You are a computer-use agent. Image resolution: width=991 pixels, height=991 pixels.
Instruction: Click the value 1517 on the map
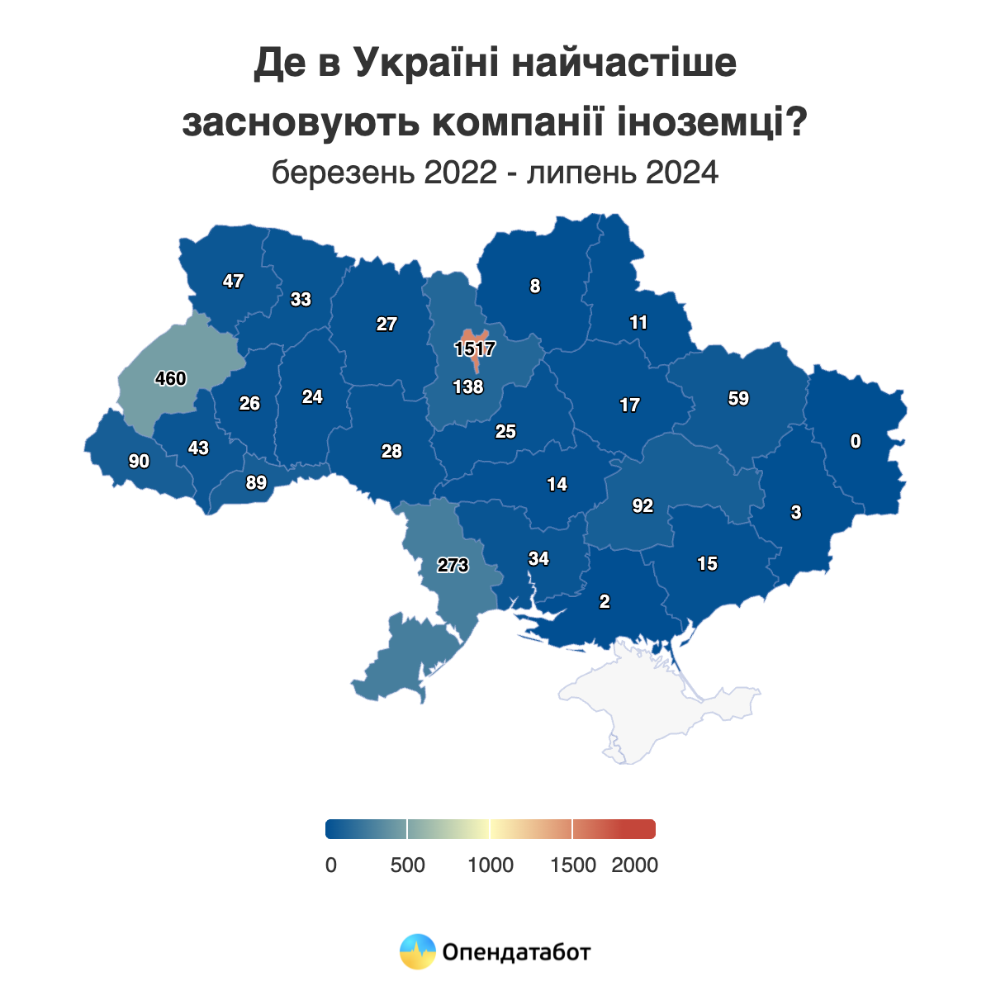(x=474, y=349)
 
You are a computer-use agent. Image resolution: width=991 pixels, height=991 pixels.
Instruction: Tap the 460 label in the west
(x=171, y=379)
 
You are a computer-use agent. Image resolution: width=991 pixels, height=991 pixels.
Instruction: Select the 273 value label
(x=453, y=566)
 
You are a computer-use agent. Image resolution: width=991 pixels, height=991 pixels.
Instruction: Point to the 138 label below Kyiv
(x=468, y=386)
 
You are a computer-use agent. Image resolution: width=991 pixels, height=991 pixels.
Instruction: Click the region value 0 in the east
(x=856, y=442)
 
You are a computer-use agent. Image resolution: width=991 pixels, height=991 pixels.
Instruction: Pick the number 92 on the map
(x=642, y=506)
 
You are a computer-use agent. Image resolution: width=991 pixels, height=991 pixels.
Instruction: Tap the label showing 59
(x=738, y=399)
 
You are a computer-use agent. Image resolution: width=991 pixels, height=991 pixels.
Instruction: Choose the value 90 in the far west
(x=139, y=462)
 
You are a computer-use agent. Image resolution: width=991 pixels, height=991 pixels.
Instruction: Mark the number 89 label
(x=256, y=483)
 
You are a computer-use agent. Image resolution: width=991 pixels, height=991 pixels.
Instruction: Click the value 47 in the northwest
(x=233, y=282)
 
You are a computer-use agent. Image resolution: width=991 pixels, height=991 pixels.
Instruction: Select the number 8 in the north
(x=535, y=287)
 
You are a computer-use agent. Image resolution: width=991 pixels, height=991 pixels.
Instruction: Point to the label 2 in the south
(x=605, y=602)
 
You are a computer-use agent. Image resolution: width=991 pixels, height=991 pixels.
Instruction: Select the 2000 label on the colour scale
(x=634, y=865)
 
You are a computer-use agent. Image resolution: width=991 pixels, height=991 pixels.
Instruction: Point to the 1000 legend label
(x=491, y=865)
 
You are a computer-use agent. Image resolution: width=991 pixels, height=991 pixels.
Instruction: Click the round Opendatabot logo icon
(x=417, y=951)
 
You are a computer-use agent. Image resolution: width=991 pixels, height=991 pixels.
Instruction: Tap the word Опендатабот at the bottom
(x=517, y=952)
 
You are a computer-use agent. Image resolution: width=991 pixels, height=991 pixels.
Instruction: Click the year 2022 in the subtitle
(x=461, y=173)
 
